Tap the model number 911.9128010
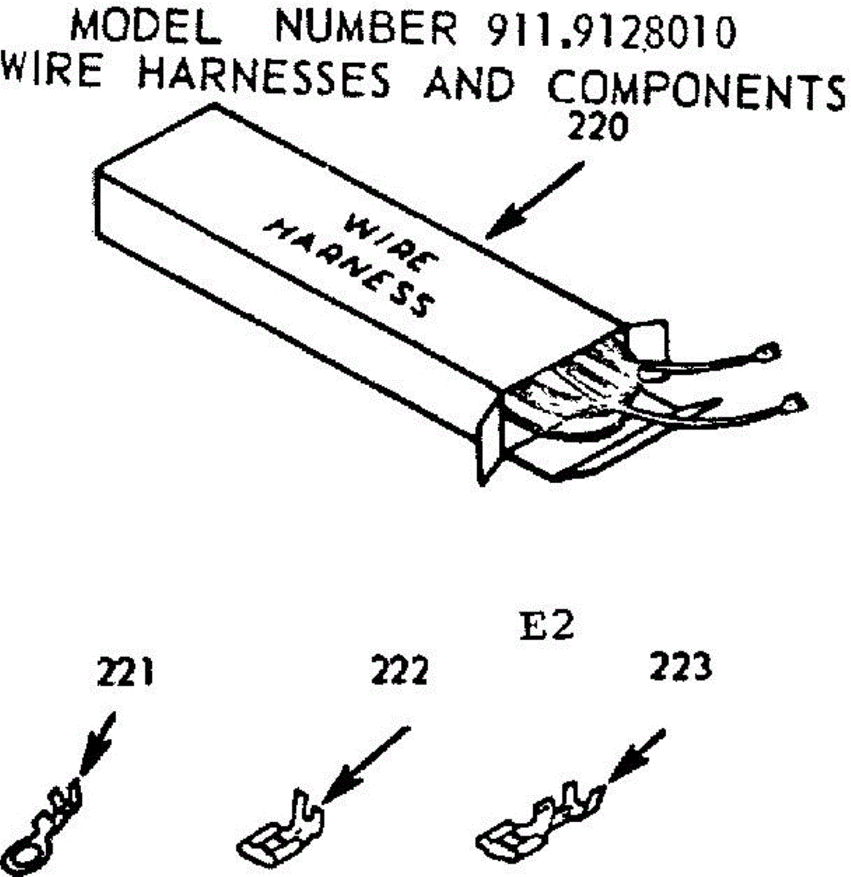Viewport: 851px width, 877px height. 611,31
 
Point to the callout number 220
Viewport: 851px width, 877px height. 598,129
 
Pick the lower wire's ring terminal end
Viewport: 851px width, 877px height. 794,402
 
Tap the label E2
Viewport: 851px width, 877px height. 547,628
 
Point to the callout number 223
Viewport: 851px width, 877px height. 680,667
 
